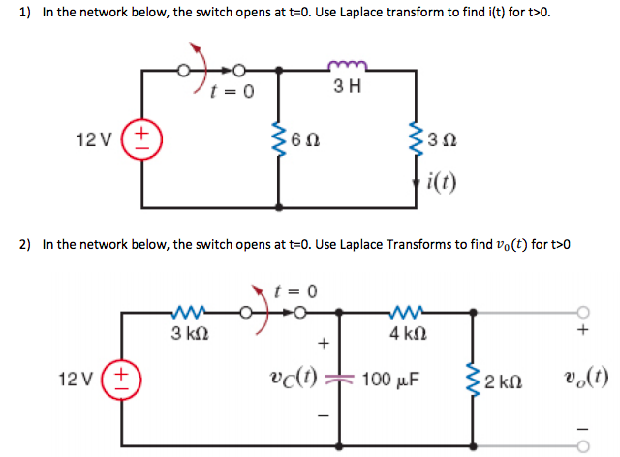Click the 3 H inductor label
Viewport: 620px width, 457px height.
point(346,86)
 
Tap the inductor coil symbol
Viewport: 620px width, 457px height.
point(346,66)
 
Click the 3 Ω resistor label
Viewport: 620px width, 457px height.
point(442,141)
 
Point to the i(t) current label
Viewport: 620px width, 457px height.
point(441,180)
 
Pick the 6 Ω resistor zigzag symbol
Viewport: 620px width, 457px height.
point(280,140)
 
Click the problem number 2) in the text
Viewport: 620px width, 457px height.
point(26,245)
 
